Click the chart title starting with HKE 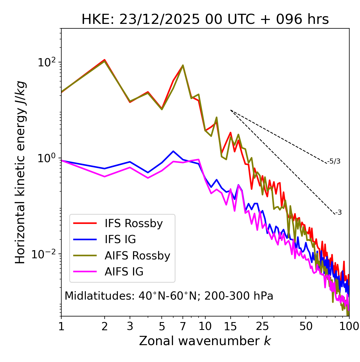click(205, 20)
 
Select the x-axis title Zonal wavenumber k click(205, 341)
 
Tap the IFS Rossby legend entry click(134, 223)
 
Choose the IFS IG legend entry click(120, 239)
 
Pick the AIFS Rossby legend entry click(137, 256)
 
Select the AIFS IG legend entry click(124, 272)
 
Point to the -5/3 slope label click(334, 161)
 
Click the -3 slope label click(338, 213)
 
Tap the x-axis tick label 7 click(183, 326)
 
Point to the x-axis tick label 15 click(231, 326)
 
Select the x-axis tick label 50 click(306, 326)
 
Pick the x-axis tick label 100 click(349, 326)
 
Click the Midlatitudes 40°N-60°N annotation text click(169, 296)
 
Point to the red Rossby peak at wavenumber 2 click(105, 60)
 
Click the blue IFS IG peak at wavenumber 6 click(173, 151)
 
